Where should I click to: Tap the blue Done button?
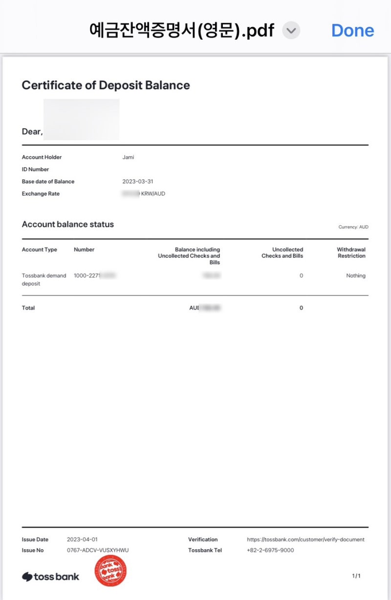(x=352, y=30)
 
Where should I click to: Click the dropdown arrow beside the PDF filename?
(x=291, y=31)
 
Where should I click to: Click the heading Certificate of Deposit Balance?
(x=106, y=85)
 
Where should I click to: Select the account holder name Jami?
(x=128, y=157)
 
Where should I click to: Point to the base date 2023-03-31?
(x=138, y=181)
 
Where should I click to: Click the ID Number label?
(x=36, y=170)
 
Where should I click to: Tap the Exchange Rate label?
(x=41, y=193)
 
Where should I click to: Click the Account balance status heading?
(x=68, y=224)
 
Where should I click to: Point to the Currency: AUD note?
(x=353, y=227)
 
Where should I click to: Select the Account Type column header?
(x=40, y=250)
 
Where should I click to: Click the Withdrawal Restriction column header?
(x=351, y=253)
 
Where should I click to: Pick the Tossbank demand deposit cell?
(x=44, y=279)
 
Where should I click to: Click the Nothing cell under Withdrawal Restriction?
(x=356, y=276)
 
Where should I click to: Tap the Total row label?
(x=28, y=308)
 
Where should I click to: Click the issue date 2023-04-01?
(x=82, y=539)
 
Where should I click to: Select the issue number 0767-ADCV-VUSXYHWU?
(x=98, y=550)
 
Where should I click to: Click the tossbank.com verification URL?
(x=305, y=539)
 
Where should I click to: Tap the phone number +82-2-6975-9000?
(x=270, y=550)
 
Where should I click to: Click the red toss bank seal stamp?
(x=110, y=571)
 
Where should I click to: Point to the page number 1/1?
(x=356, y=576)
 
